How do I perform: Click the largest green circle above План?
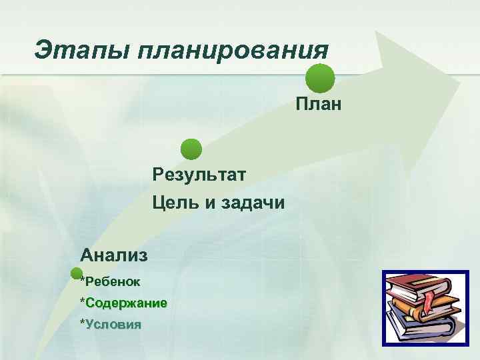pos(320,78)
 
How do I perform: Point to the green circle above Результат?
pos(191,149)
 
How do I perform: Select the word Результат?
pos(199,175)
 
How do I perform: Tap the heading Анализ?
pos(114,254)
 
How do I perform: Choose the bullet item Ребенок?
pos(113,281)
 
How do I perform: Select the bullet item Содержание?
pos(126,303)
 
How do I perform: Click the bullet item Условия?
pos(113,325)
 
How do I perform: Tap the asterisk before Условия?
pos(83,323)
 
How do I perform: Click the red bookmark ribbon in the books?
pos(429,301)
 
